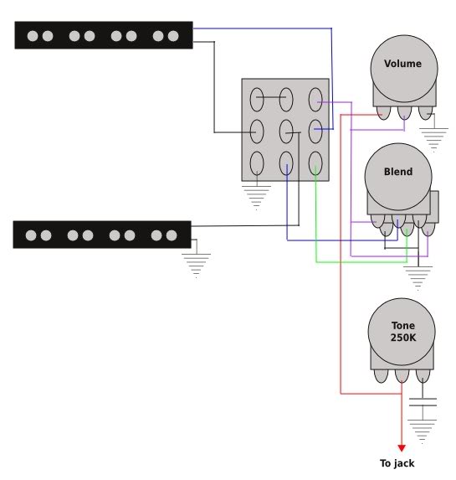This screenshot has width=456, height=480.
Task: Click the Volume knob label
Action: [x=402, y=64]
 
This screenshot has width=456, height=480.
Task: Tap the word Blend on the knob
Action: [x=398, y=172]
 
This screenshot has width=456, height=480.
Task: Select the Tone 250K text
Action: [x=403, y=331]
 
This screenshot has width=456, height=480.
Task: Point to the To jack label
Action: [x=397, y=463]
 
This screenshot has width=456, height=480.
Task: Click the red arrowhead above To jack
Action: [x=402, y=448]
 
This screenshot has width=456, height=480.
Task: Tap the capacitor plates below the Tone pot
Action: [x=423, y=402]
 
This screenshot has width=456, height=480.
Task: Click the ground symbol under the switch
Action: [x=256, y=198]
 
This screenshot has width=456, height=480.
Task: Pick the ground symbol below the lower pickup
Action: [x=196, y=266]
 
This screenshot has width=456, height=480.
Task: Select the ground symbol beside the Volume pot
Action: [x=433, y=140]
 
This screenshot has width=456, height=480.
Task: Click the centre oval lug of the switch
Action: [x=286, y=132]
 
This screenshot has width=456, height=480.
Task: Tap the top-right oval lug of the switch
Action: [x=315, y=100]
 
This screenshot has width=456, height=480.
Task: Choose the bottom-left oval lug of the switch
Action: [x=257, y=163]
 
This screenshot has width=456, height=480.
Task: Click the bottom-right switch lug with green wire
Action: [x=315, y=163]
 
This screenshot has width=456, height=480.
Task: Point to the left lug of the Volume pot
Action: [x=383, y=112]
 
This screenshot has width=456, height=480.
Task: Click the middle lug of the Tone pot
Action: [x=402, y=376]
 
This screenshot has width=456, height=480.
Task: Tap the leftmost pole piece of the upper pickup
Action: [x=33, y=36]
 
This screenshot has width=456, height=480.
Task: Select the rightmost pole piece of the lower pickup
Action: [x=172, y=235]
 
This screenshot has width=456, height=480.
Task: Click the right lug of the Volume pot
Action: [x=426, y=112]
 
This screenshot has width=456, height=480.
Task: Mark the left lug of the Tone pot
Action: [x=381, y=376]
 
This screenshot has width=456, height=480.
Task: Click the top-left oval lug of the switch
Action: [x=257, y=100]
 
